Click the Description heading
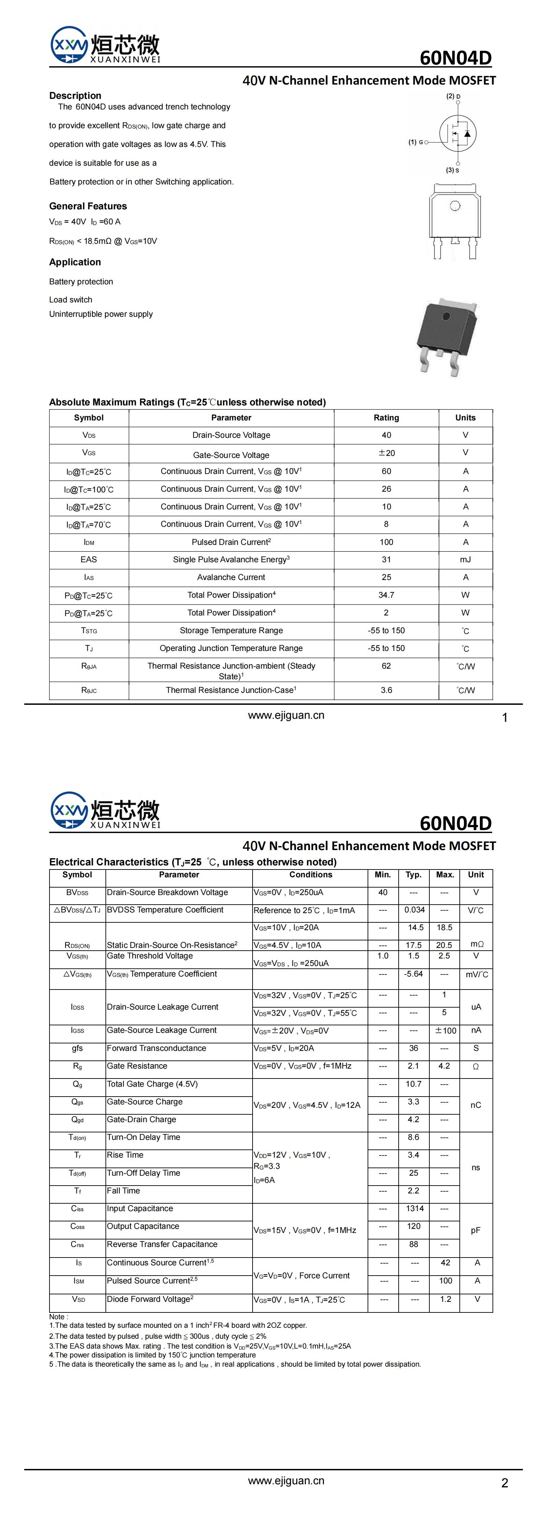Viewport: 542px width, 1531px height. coord(75,96)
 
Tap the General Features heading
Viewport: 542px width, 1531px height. coord(88,206)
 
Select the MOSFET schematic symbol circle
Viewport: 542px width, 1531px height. coord(458,133)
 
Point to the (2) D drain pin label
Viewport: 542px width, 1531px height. coord(453,96)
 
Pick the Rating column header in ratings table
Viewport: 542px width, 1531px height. coord(386,418)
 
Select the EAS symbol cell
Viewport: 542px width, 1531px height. coord(89,559)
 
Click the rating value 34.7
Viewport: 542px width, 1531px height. coord(386,595)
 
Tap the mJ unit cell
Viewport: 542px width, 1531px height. coord(465,559)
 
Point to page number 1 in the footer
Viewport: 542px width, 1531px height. coord(504,718)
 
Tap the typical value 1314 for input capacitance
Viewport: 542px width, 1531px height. coord(415,1208)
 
